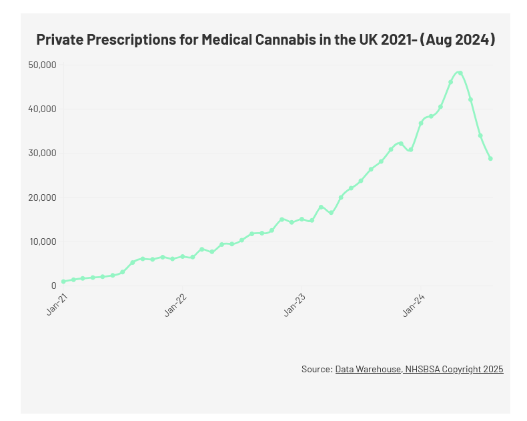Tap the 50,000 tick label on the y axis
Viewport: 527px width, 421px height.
pyautogui.click(x=43, y=65)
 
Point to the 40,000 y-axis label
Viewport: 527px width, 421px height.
pyautogui.click(x=43, y=109)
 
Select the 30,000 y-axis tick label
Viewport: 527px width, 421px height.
pyautogui.click(x=43, y=153)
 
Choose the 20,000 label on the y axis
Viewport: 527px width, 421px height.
pyautogui.click(x=43, y=197)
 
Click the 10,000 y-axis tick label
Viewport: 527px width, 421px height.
pyautogui.click(x=43, y=242)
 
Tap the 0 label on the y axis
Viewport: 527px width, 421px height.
pyautogui.click(x=53, y=286)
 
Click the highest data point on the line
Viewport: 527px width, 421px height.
pyautogui.click(x=460, y=73)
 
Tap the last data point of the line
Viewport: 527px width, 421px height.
pyautogui.click(x=490, y=159)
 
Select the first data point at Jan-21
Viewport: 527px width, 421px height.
pyautogui.click(x=63, y=282)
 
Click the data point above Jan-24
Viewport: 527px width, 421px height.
pyautogui.click(x=421, y=123)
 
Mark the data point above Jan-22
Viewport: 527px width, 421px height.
pyautogui.click(x=183, y=256)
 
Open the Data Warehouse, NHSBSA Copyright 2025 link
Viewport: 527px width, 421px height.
pyautogui.click(x=419, y=369)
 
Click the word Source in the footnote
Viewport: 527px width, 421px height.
pyautogui.click(x=316, y=369)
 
